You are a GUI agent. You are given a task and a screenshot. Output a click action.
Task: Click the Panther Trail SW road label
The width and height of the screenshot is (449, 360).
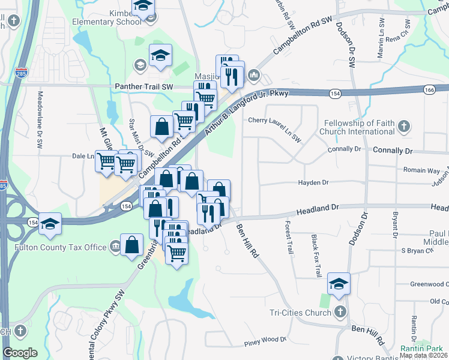coord(144,87)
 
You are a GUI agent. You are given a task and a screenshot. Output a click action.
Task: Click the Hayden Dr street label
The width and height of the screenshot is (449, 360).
coord(314,182)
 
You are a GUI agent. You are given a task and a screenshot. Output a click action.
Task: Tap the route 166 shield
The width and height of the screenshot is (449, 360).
coord(428,89)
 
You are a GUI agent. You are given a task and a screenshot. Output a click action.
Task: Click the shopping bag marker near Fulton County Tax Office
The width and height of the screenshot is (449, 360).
coord(131,245)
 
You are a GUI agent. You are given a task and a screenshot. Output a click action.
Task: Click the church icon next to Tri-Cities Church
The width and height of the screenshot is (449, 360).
coord(340,312)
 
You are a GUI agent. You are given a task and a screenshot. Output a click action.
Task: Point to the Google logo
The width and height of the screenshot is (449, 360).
coord(20,353)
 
